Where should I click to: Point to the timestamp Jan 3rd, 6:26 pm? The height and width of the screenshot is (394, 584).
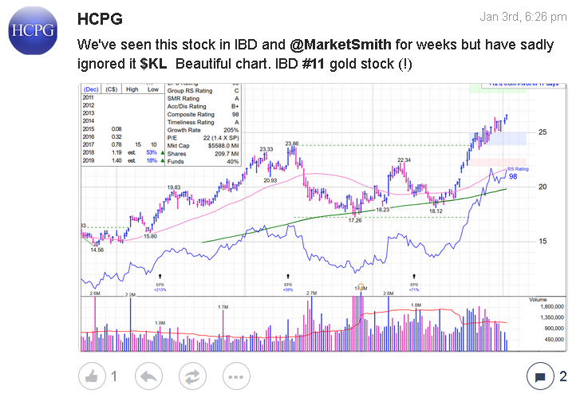click(524, 17)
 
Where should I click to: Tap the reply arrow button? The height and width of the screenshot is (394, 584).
click(148, 376)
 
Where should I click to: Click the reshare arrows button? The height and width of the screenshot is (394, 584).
click(191, 376)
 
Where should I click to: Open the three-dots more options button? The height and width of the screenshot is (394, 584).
click(235, 376)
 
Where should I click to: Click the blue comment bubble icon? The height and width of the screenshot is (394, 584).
click(539, 376)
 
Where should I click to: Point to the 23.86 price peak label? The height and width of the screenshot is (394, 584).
click(292, 144)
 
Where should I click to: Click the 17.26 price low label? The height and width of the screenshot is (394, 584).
click(356, 220)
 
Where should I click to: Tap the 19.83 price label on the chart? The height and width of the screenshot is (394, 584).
click(174, 187)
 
